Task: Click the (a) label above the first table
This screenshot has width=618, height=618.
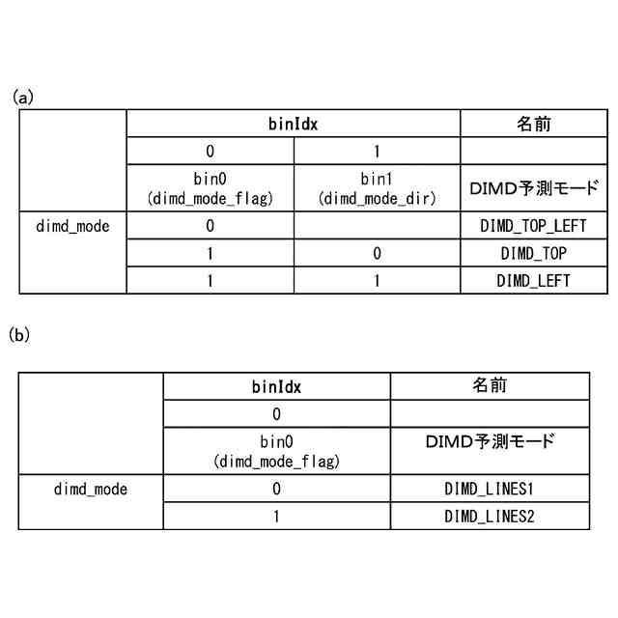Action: click(x=22, y=97)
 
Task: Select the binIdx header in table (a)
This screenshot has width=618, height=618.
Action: click(x=293, y=125)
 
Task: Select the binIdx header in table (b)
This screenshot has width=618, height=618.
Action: click(x=276, y=387)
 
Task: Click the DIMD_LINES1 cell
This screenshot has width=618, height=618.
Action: click(x=490, y=489)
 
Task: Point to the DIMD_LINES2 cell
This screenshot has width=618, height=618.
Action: click(x=490, y=516)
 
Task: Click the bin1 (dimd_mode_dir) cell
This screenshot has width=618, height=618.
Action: click(x=377, y=189)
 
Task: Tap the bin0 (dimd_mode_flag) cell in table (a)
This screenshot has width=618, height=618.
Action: click(x=210, y=189)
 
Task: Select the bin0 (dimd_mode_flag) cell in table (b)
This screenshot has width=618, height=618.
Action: click(x=276, y=451)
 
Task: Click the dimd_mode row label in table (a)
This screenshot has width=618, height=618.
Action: click(x=72, y=227)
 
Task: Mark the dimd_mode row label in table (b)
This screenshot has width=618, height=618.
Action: click(x=90, y=489)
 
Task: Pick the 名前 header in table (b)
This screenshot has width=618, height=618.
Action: click(x=490, y=386)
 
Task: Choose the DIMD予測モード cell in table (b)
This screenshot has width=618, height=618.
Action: click(x=490, y=442)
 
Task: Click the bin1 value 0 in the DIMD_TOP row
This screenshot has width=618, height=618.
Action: click(x=377, y=254)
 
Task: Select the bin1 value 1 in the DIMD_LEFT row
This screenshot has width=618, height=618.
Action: click(x=377, y=281)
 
